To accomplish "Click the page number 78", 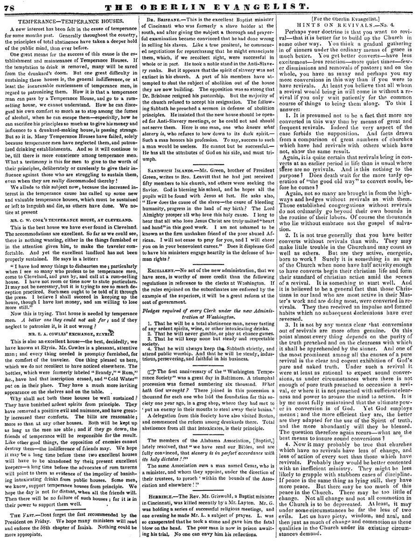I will [x=9, y=7].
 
